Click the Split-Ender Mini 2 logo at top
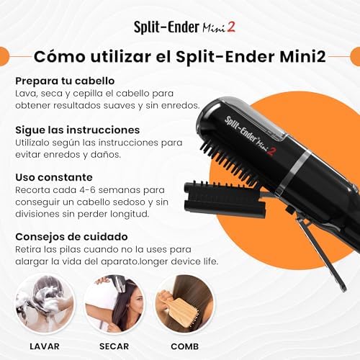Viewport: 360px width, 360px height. pyautogui.click(x=179, y=27)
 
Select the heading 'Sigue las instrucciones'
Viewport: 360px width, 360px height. pyautogui.click(x=77, y=130)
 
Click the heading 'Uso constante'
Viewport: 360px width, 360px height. pyautogui.click(x=53, y=176)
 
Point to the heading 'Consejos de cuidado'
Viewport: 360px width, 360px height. pyautogui.click(x=71, y=235)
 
